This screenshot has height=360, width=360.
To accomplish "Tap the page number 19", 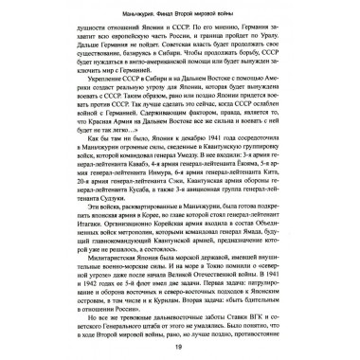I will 179,349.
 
